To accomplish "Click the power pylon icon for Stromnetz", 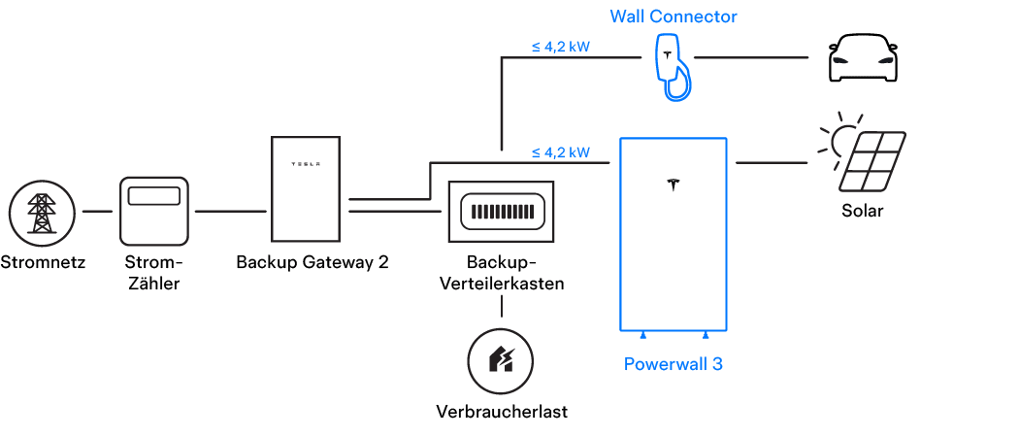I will [41, 212].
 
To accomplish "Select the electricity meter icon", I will [154, 210].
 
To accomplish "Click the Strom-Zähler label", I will [154, 273].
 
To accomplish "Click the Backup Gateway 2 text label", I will [312, 262].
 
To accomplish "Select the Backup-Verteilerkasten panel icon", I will [501, 211].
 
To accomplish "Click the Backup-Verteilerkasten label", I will [501, 273].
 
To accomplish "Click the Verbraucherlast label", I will [501, 411].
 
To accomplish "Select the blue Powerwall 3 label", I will [674, 365].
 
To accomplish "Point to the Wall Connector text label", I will [674, 17].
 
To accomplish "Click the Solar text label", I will [862, 211].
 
